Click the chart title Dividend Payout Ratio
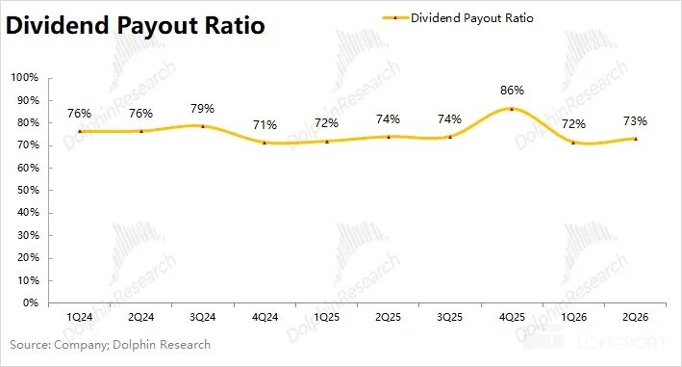(x=135, y=25)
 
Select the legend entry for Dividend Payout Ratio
(x=458, y=18)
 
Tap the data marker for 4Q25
(x=512, y=109)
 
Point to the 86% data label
(x=512, y=91)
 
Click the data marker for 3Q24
(x=203, y=126)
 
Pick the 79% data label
(x=202, y=109)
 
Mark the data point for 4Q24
(x=265, y=143)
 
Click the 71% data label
(x=265, y=125)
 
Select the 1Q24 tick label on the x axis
(x=79, y=317)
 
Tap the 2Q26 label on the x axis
(x=635, y=317)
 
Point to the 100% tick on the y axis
(x=25, y=77)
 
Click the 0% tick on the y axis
(x=31, y=302)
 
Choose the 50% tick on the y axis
(x=28, y=191)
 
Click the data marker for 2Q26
(x=636, y=139)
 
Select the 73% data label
(x=635, y=121)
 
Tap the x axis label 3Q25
(x=450, y=317)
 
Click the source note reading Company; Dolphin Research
(x=132, y=345)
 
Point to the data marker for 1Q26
(x=573, y=143)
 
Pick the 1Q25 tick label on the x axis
(x=326, y=317)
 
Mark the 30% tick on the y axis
(x=28, y=235)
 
